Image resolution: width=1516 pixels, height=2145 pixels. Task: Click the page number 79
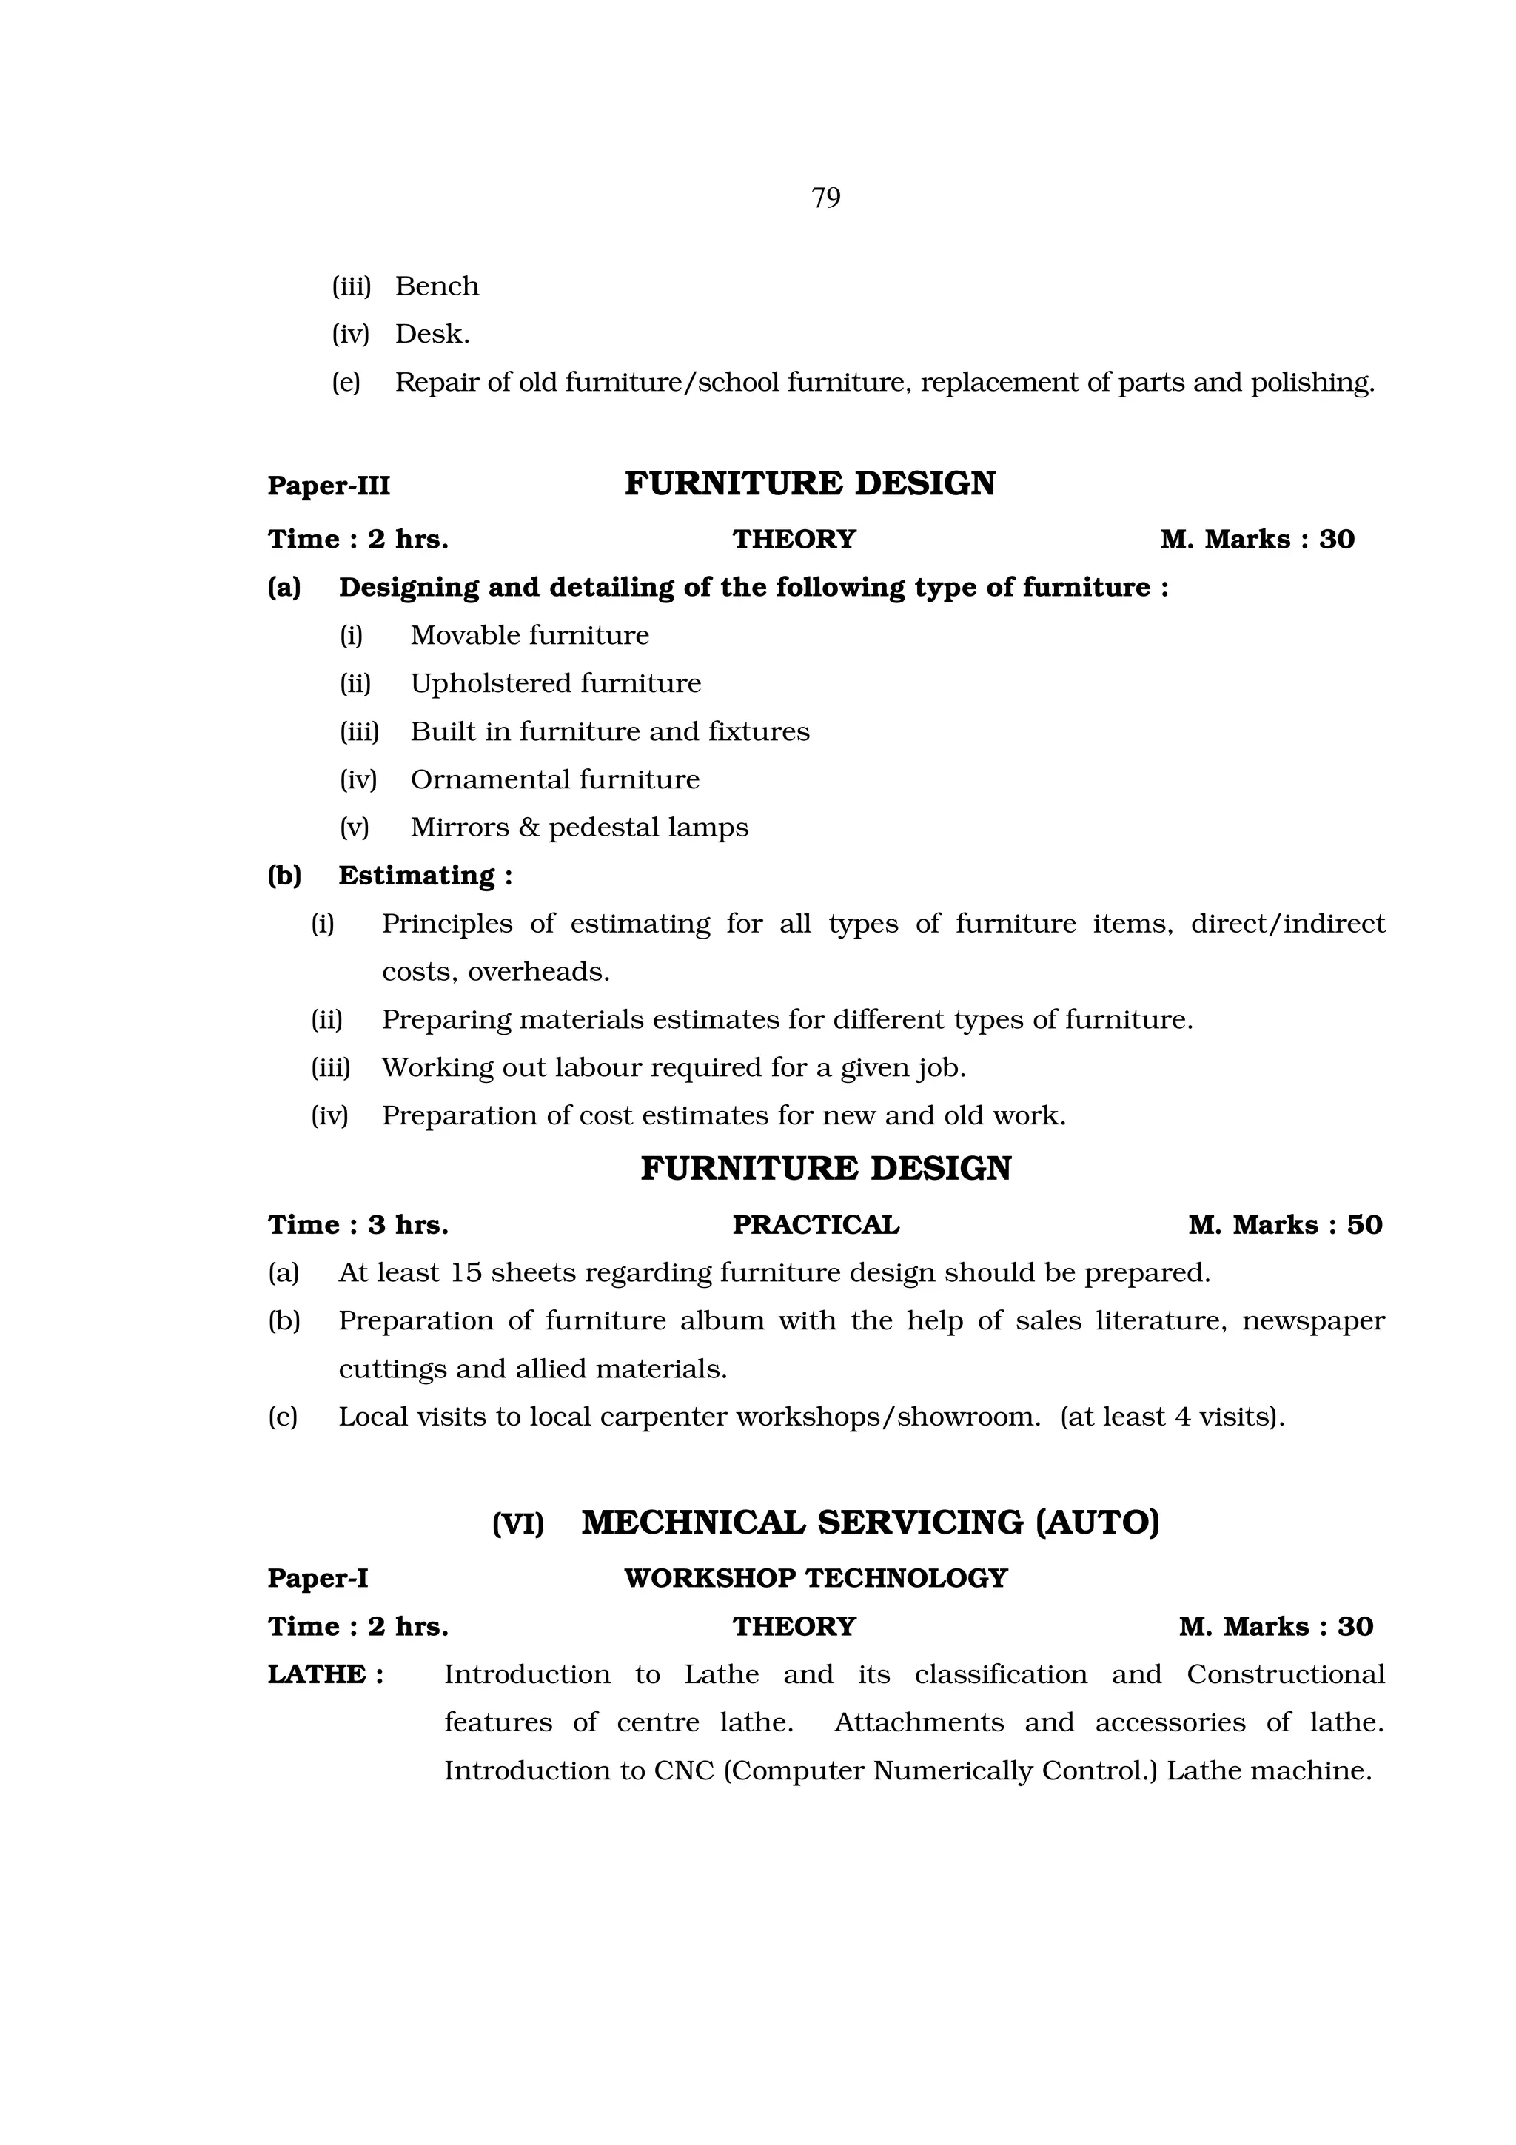825,198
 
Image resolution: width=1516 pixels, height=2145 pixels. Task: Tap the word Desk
432,334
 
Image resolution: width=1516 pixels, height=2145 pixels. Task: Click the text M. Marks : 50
1284,1225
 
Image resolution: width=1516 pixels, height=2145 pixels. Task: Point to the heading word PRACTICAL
816,1225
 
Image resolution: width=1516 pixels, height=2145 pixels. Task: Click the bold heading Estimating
417,876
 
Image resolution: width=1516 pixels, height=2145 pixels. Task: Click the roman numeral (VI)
517,1525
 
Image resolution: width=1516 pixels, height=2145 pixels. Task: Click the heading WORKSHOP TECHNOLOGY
816,1578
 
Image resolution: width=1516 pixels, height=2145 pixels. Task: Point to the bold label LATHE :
326,1674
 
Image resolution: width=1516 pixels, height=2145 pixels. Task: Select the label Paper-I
318,1578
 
